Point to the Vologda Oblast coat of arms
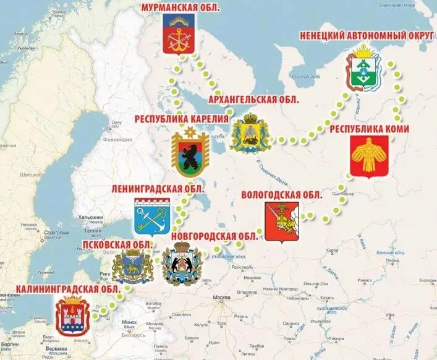[x=282, y=223]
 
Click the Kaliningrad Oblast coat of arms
[x=74, y=316]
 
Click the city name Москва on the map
[x=221, y=298]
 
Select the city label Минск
[x=129, y=322]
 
